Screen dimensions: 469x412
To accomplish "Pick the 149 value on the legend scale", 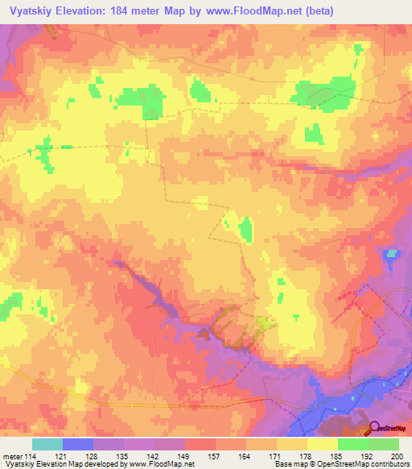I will click(x=184, y=456).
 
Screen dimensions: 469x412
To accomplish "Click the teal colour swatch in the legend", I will click(x=47, y=444).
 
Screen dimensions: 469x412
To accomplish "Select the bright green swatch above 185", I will click(x=352, y=444).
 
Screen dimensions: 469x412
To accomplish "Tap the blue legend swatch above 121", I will click(x=77, y=444).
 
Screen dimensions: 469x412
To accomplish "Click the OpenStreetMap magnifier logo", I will click(x=375, y=429).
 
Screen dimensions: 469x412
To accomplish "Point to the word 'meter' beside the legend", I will click(x=11, y=456).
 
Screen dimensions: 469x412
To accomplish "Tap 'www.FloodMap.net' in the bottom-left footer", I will click(x=162, y=465).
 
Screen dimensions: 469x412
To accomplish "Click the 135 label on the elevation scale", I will click(x=123, y=456).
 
